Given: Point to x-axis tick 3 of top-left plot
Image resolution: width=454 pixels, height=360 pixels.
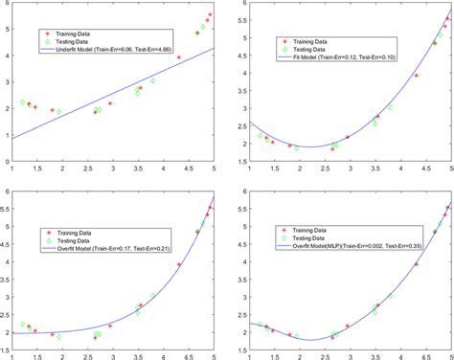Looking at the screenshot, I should coord(113,169).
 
